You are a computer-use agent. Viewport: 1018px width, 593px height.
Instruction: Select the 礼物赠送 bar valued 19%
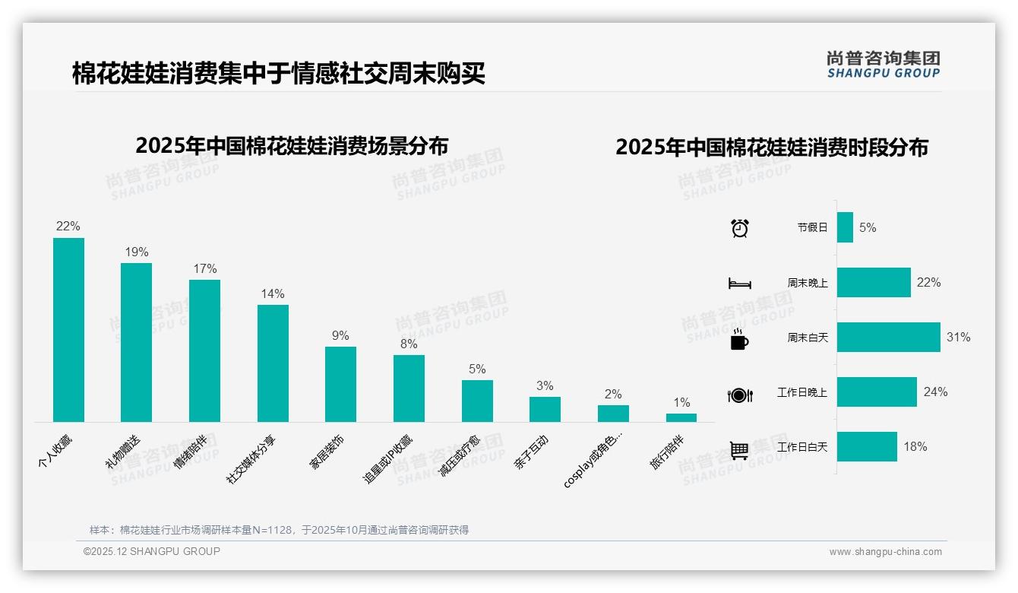tap(136, 342)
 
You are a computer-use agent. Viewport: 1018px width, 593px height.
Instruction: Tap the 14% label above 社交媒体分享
tap(272, 293)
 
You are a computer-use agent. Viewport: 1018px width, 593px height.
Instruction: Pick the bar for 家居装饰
tap(340, 384)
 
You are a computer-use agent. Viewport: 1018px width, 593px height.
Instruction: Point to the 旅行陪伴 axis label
tap(667, 452)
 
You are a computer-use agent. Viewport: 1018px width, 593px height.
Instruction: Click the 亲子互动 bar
tap(545, 409)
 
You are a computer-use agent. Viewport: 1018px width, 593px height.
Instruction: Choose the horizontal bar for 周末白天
tap(888, 337)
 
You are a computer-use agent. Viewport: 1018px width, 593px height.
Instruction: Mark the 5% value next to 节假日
tap(868, 227)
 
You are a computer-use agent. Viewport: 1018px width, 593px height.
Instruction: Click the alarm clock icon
tap(740, 227)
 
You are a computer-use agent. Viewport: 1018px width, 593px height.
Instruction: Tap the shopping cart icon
tap(739, 450)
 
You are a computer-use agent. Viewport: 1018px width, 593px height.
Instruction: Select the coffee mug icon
tap(739, 338)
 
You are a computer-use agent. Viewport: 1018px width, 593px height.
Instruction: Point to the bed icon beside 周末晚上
tap(739, 283)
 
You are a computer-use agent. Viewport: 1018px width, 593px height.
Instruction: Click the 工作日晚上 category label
tap(802, 392)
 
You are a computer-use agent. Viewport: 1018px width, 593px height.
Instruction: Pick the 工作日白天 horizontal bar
tap(867, 447)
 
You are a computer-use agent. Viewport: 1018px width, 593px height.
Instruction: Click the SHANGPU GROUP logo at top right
tap(883, 65)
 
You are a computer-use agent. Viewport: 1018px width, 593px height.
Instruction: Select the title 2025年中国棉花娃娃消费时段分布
tap(772, 147)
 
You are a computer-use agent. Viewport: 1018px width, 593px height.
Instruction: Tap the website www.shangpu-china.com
tap(885, 552)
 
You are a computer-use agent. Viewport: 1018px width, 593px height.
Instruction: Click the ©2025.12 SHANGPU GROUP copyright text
tap(152, 551)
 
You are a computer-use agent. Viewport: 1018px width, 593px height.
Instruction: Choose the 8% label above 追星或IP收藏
tap(409, 344)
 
